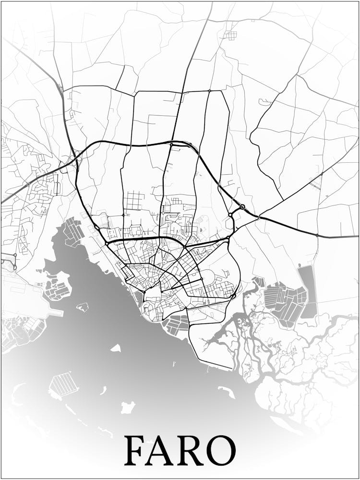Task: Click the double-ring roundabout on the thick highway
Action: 242,207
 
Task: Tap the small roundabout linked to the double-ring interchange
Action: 230,214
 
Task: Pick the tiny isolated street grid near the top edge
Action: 231,35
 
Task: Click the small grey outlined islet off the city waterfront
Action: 83,307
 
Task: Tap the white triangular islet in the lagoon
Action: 116,348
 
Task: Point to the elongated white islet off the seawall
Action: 226,392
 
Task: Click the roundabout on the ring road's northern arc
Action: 171,144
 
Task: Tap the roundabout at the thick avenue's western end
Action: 106,244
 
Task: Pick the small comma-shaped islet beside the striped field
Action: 103,391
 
